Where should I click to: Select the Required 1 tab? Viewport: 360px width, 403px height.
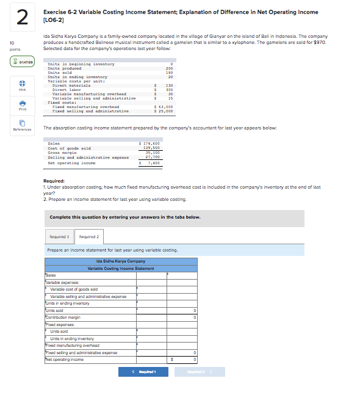(60, 237)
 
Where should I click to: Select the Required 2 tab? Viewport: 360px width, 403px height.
(88, 237)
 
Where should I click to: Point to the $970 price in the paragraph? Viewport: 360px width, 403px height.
(320, 43)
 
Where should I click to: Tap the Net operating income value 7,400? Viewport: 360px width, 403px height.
(153, 163)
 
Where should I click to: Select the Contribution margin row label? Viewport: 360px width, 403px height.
(63, 318)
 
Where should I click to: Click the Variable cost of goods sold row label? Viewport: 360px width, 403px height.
(74, 289)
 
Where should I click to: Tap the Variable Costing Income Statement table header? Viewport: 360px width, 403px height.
(121, 269)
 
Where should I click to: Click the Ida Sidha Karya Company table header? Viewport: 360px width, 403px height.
(121, 261)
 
